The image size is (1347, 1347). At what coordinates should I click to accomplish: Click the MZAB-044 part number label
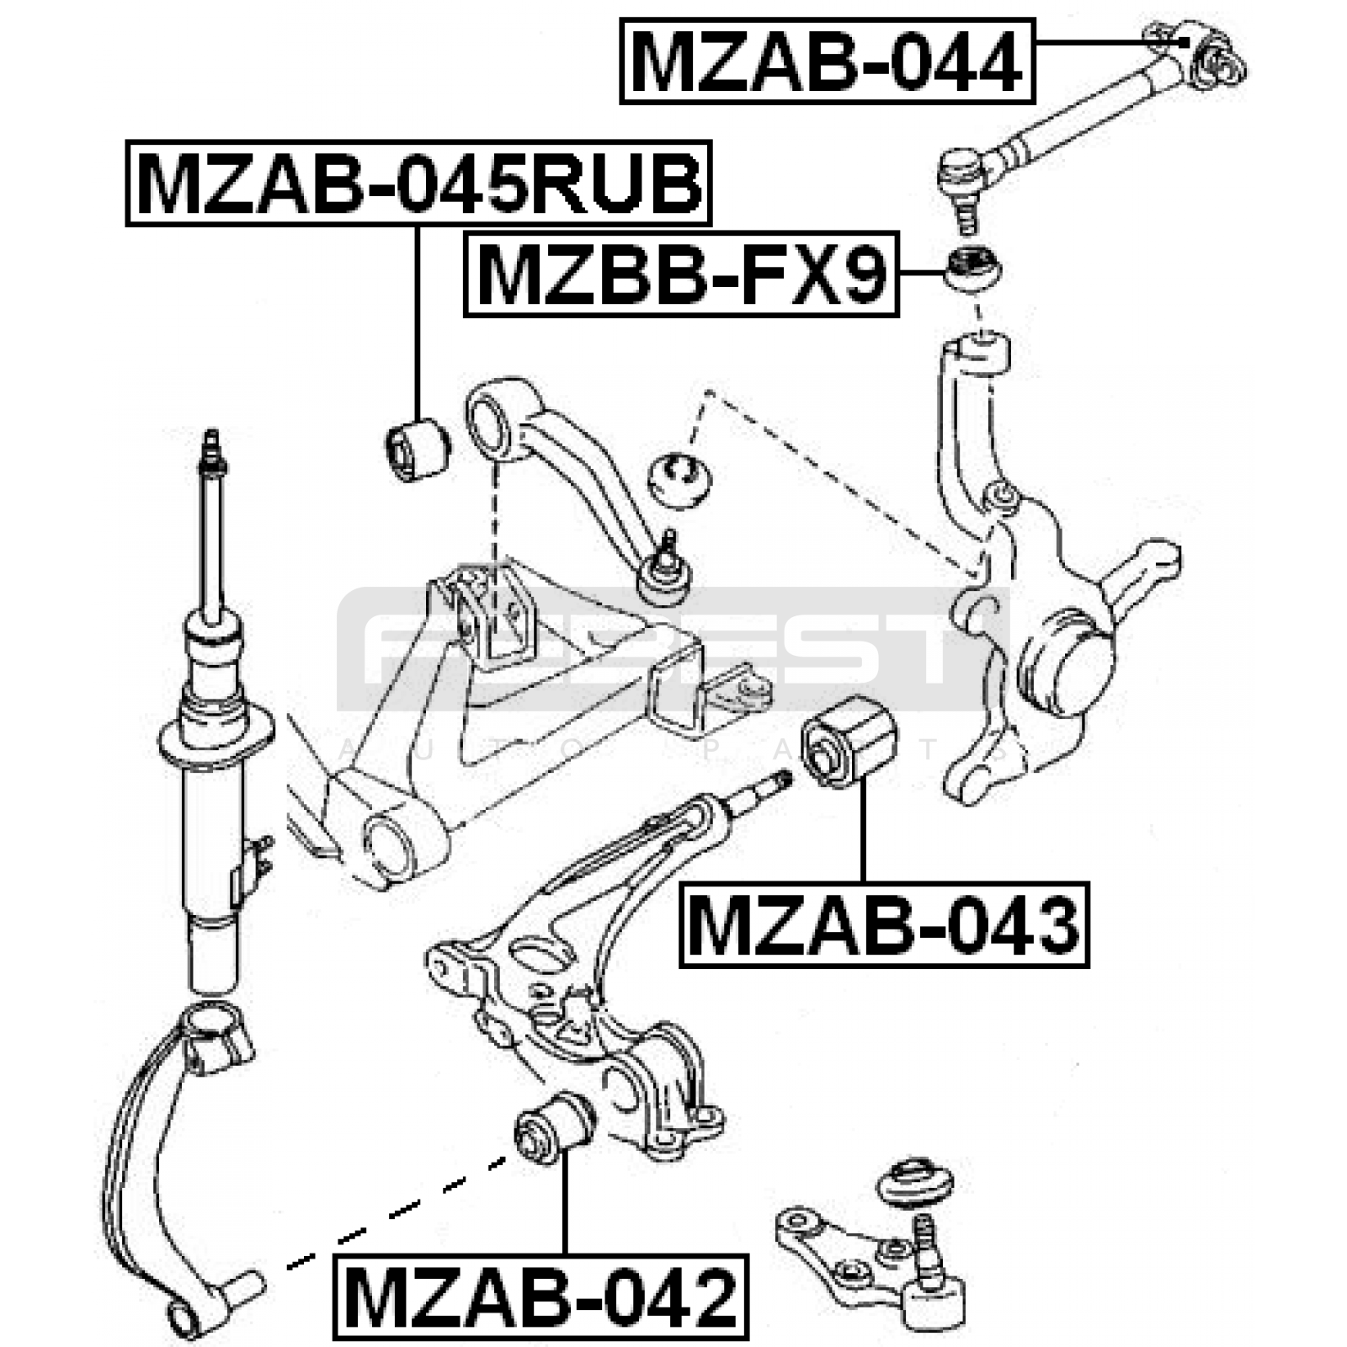pyautogui.click(x=828, y=61)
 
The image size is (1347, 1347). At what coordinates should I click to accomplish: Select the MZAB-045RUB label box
pyautogui.click(x=418, y=184)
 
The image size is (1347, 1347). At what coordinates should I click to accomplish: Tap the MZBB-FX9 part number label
pyautogui.click(x=682, y=274)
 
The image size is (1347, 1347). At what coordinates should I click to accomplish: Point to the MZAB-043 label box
pyautogui.click(x=884, y=924)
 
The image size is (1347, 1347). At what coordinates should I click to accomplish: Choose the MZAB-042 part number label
pyautogui.click(x=540, y=1297)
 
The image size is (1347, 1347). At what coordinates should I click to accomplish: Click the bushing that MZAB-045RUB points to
pyautogui.click(x=418, y=450)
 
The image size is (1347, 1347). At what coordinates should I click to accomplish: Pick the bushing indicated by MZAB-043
pyautogui.click(x=850, y=742)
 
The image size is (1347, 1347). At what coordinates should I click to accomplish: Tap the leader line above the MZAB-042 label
pyautogui.click(x=565, y=1204)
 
